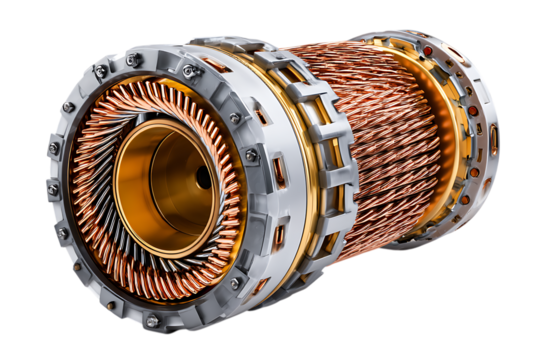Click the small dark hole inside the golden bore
203,177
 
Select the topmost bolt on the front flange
133,61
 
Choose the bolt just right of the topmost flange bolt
189,70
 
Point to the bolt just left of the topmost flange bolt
100,72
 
